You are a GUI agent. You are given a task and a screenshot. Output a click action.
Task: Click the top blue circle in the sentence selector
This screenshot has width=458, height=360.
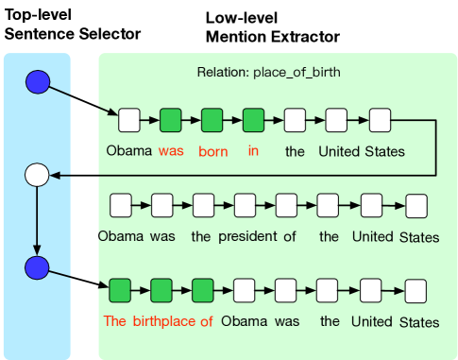click(37, 83)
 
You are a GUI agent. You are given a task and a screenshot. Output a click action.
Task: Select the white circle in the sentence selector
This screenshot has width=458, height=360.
click(37, 175)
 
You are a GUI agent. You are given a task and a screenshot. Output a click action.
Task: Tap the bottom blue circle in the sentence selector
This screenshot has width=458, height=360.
click(37, 267)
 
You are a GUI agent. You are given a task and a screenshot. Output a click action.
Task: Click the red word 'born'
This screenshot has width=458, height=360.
click(213, 151)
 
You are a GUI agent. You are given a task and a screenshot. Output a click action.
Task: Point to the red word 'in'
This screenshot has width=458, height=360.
click(253, 151)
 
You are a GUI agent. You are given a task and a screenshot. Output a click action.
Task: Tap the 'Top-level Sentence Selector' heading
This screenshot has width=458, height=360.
click(73, 26)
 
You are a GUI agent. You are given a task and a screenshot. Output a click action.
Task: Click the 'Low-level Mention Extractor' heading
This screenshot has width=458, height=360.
click(272, 27)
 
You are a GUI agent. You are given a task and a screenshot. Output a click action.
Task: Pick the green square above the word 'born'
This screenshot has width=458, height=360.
click(212, 120)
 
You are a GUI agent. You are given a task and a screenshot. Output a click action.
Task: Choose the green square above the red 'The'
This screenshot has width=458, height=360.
click(120, 290)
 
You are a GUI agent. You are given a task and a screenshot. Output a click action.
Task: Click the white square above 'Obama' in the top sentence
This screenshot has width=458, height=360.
click(129, 120)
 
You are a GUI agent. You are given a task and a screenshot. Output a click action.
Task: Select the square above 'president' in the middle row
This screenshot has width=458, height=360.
click(245, 204)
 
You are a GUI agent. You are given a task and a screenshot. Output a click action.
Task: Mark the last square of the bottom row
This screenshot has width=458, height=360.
click(416, 290)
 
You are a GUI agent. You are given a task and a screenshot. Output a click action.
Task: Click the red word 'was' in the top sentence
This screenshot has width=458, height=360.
click(171, 151)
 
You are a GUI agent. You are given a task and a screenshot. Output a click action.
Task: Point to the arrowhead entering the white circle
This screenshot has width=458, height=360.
click(55, 175)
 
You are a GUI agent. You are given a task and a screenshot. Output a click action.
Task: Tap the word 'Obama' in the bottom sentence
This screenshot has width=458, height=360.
click(245, 321)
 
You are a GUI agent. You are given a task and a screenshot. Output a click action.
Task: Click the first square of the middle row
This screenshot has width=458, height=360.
click(121, 204)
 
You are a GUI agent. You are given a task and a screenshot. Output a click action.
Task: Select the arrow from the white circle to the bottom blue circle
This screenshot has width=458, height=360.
click(37, 219)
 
